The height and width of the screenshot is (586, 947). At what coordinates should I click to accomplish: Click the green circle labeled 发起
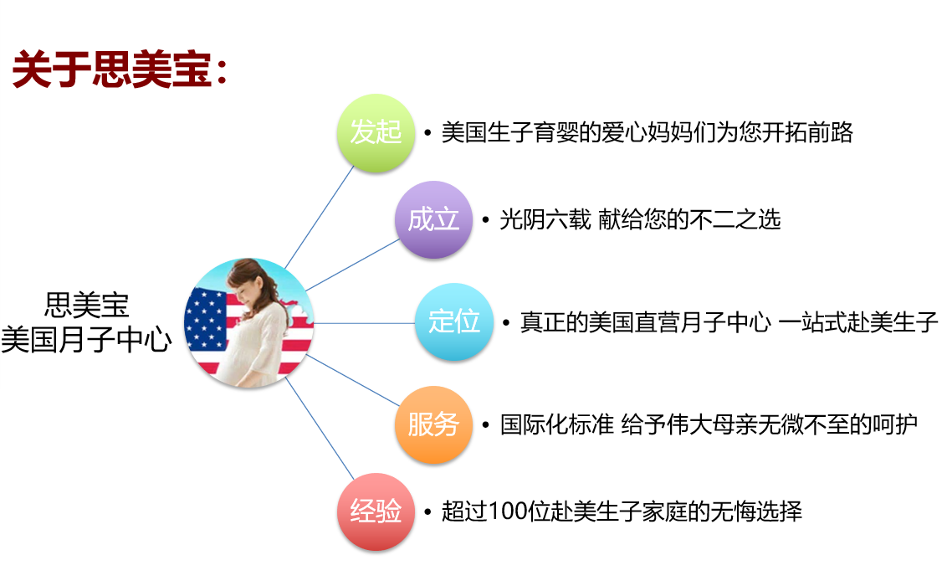376,132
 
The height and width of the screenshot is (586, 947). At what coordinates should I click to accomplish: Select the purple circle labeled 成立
433,219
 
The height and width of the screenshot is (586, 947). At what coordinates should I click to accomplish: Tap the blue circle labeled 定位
454,321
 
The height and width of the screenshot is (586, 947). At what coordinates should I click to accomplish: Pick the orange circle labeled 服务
433,424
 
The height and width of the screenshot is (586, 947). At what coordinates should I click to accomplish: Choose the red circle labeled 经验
376,511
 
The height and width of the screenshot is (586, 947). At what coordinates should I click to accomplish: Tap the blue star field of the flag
205,320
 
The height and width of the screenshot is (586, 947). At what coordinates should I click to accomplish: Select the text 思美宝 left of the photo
87,305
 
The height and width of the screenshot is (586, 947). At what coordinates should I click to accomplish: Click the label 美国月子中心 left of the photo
86,339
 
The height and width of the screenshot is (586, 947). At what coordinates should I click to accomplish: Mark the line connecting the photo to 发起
319,217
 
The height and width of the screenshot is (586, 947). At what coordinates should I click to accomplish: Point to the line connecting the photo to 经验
320,429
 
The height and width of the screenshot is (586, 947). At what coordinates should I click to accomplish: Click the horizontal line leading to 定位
365,323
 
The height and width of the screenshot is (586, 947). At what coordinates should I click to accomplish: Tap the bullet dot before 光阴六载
485,220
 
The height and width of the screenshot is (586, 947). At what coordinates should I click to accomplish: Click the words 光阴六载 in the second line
545,219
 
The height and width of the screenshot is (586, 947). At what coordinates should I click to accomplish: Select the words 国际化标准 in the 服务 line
557,424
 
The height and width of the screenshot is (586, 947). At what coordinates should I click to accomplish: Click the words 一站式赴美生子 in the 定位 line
858,322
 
